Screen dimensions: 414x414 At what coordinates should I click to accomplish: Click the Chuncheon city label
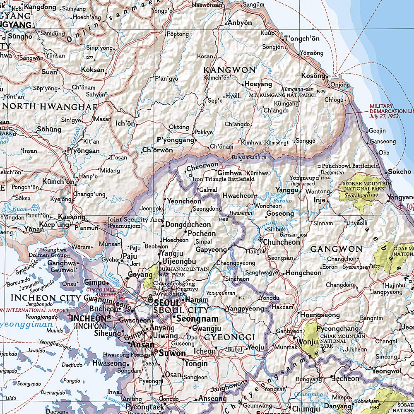click(282, 242)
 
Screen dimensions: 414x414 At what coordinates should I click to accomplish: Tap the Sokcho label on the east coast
click(400, 171)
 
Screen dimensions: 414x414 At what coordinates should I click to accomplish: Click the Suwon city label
click(172, 353)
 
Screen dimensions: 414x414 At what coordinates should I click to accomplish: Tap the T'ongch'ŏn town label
click(302, 39)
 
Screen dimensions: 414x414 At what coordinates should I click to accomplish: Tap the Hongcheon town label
click(303, 273)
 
